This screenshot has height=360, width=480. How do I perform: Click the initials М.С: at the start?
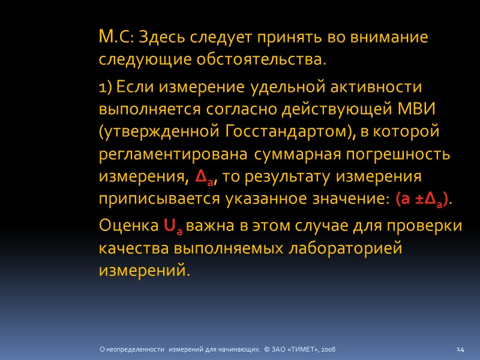(x=118, y=38)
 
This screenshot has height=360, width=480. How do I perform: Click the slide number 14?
(x=461, y=349)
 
